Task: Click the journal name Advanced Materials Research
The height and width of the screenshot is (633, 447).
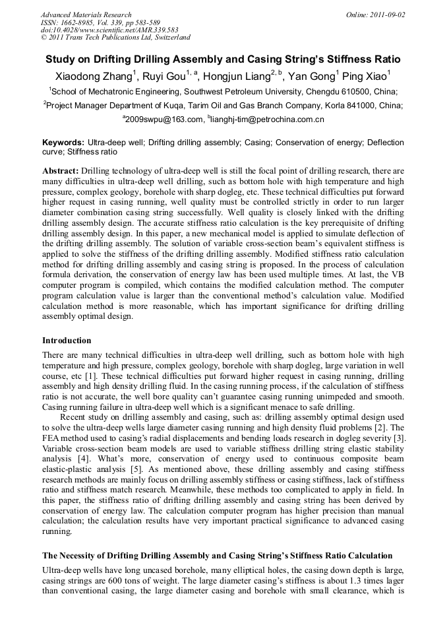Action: (86, 15)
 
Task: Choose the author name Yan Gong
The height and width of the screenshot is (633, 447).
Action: (310, 77)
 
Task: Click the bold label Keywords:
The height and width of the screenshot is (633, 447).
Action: (63, 143)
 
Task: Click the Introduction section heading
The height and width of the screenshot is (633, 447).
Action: (67, 341)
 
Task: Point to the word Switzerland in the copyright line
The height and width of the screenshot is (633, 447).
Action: (171, 38)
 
